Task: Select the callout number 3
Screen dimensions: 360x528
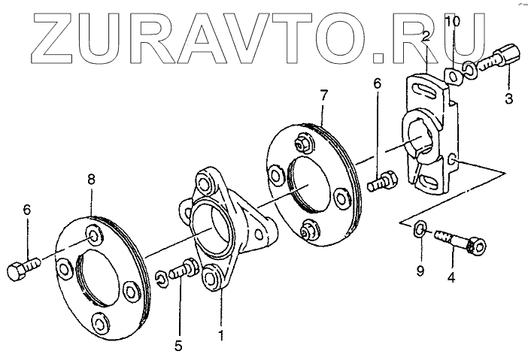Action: click(x=508, y=98)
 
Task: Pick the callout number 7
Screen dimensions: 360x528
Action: click(x=323, y=95)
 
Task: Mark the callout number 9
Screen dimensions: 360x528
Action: click(x=421, y=269)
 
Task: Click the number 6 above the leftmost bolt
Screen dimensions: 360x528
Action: click(x=28, y=211)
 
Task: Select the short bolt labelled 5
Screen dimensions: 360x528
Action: click(x=181, y=269)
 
